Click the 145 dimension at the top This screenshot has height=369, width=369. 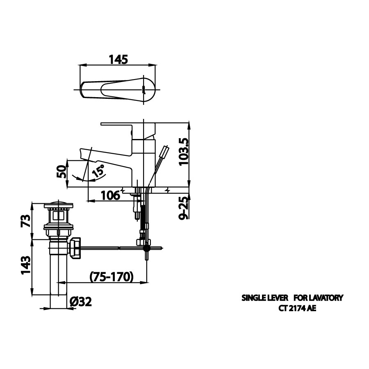pos(118,59)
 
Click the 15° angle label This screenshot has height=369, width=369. pos(98,171)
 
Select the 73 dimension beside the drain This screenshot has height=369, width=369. pos(25,221)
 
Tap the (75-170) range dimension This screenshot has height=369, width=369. pos(112,277)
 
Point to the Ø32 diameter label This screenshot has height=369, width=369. pos(80,302)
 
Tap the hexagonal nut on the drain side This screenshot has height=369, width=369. pos(76,248)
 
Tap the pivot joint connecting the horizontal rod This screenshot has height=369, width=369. pos(146,248)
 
